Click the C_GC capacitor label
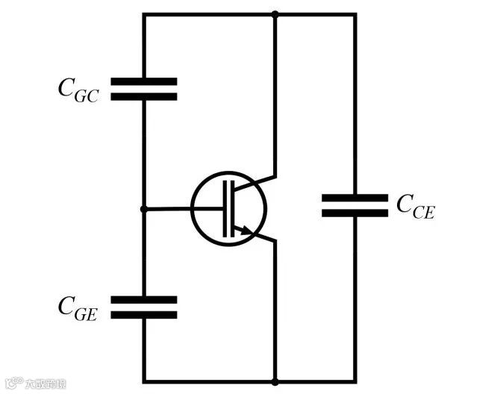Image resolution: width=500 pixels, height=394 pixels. click(78, 89)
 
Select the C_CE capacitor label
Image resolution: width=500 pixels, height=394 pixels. click(415, 206)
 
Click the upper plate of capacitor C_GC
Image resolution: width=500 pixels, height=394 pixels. click(143, 81)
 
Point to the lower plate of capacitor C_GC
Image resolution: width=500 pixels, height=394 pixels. click(143, 96)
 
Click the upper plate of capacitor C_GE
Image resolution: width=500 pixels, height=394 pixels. click(143, 299)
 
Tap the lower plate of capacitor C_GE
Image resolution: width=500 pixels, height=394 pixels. click(143, 315)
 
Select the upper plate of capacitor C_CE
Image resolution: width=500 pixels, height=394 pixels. click(354, 198)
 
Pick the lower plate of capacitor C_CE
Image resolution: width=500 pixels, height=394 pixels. click(354, 213)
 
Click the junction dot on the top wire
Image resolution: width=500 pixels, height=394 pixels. click(275, 13)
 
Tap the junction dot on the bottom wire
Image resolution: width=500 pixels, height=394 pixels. click(275, 381)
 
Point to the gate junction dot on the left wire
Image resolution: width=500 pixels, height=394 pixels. click(143, 210)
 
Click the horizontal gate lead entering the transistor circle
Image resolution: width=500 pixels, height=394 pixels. click(183, 210)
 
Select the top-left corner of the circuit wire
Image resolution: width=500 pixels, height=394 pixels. click(143, 13)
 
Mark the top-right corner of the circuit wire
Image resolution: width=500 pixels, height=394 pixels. click(354, 13)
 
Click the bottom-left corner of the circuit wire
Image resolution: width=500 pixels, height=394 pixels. click(143, 381)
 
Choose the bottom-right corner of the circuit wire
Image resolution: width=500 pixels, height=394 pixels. click(354, 381)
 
